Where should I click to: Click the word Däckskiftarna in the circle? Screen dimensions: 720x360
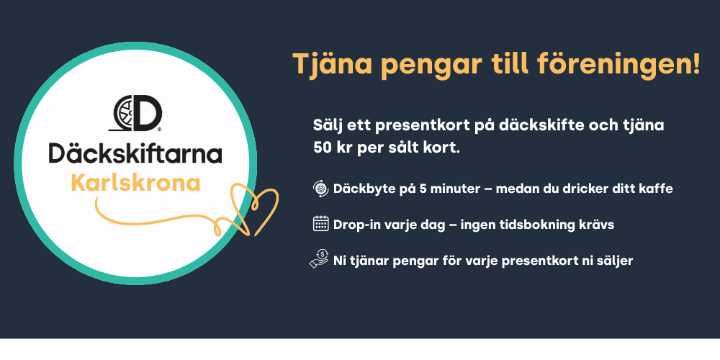(135, 154)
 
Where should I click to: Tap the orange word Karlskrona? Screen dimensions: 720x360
(136, 184)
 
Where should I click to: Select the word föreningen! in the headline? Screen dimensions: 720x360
(618, 64)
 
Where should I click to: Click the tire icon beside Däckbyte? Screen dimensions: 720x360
(320, 188)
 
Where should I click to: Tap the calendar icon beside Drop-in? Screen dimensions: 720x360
(320, 224)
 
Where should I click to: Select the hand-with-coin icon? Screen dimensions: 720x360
(319, 258)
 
